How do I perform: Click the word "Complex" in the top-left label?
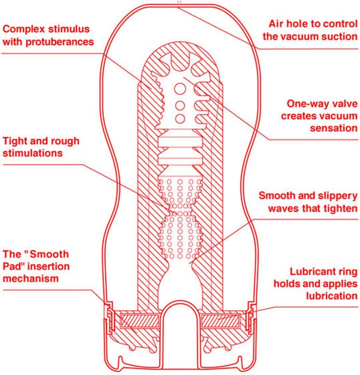(x=24, y=29)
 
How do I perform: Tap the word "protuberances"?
(x=60, y=42)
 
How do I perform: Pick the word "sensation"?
(x=334, y=128)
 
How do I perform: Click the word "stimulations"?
(x=32, y=153)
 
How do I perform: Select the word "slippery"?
(x=338, y=195)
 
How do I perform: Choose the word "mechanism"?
(x=30, y=278)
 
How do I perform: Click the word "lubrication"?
(x=332, y=296)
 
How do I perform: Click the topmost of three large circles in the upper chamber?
(x=180, y=89)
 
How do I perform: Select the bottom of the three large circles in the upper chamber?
(x=180, y=119)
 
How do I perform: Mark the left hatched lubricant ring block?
(x=139, y=321)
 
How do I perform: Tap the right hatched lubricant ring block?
(x=220, y=321)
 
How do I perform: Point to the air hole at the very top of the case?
(x=180, y=2)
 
